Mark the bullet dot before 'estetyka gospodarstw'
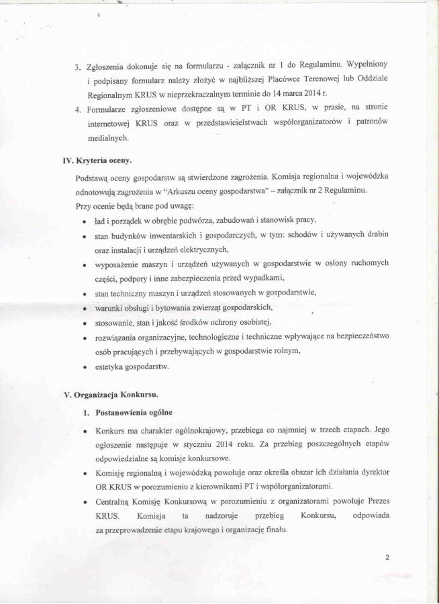click(83, 367)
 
